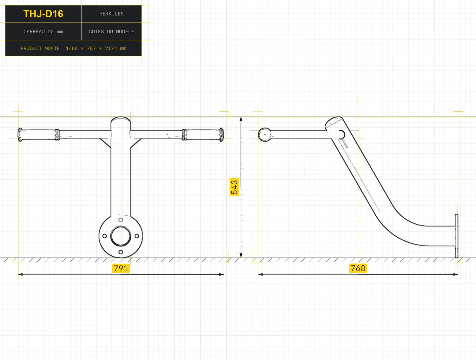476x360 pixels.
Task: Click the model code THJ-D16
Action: (43, 14)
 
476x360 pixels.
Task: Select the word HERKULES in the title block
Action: (111, 14)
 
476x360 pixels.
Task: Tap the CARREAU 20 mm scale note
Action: (43, 32)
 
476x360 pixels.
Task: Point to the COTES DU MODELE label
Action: (111, 32)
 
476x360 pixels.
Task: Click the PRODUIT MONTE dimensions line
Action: (73, 48)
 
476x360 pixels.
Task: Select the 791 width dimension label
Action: (121, 268)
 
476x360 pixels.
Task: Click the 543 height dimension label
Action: (234, 187)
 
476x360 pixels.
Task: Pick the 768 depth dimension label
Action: (358, 268)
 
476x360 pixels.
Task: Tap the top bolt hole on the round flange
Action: (121, 220)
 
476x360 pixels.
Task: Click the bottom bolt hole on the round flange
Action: (121, 252)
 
